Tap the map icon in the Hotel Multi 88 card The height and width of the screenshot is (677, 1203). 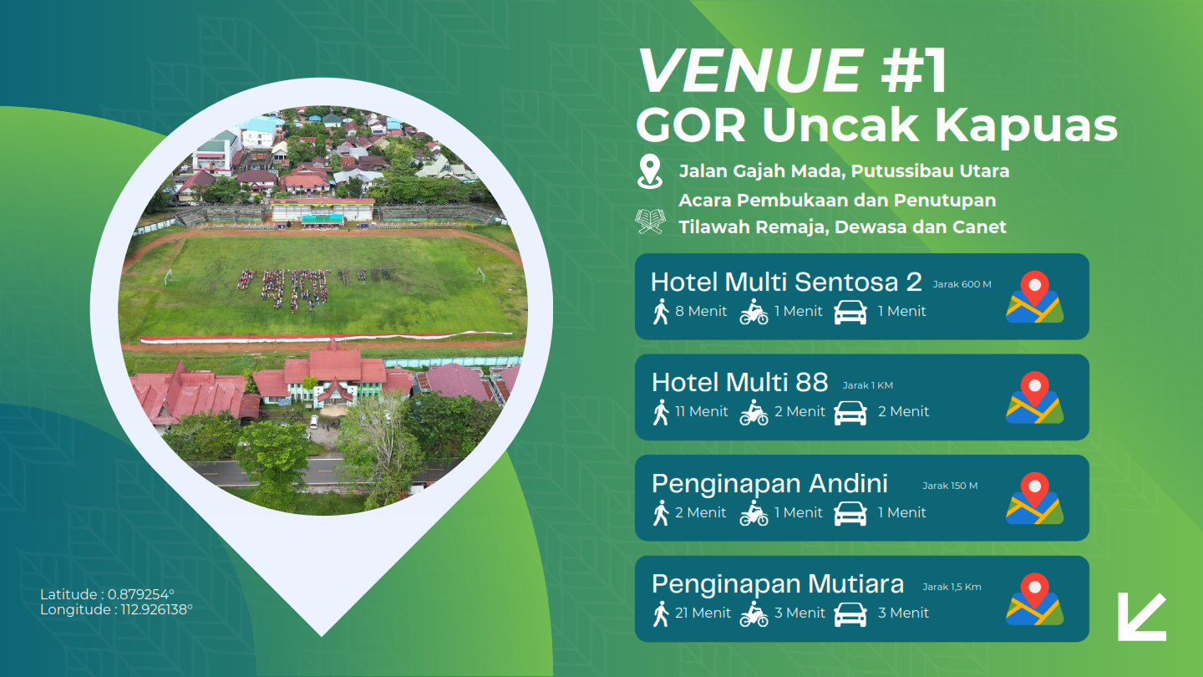tap(1034, 398)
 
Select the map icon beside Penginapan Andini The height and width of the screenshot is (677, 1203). tap(1034, 498)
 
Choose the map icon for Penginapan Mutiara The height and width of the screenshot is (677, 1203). tap(1034, 599)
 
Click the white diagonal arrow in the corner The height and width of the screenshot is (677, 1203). tap(1141, 617)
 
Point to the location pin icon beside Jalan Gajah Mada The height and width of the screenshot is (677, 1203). tap(649, 171)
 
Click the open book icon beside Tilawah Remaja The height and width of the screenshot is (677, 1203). tap(650, 221)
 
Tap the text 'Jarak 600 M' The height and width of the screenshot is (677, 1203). tap(962, 284)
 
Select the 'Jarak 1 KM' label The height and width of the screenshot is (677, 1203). tap(867, 385)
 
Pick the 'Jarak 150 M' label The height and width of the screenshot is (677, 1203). tap(950, 486)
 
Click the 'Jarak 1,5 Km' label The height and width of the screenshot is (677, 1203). tap(952, 587)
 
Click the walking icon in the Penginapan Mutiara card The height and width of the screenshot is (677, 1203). tap(661, 613)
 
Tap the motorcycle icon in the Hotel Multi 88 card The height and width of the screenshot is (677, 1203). tap(754, 412)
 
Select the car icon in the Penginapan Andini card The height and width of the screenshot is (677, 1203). tap(850, 514)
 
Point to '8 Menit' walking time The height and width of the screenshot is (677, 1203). tap(701, 311)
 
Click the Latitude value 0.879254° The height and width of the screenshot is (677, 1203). tap(140, 594)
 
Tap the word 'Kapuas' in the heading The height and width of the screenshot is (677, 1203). tap(1026, 127)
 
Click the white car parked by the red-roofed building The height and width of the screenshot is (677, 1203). tap(314, 421)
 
